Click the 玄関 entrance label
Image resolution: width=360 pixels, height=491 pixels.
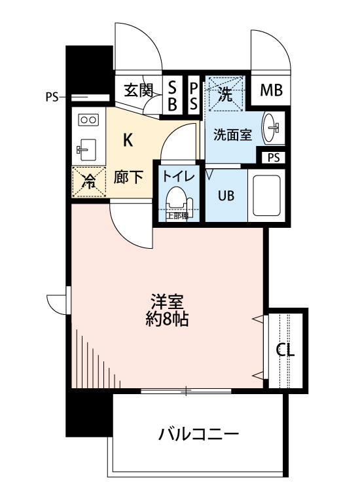(138, 90)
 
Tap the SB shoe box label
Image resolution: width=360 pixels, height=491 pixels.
(173, 95)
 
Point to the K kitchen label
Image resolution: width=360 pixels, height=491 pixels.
(128, 139)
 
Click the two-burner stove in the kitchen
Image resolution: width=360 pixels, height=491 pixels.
(88, 120)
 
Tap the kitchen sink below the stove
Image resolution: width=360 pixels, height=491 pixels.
(86, 149)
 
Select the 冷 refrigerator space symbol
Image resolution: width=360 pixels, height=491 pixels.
(87, 183)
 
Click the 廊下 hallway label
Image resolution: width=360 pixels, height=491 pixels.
(128, 178)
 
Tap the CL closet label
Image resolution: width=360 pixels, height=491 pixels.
(285, 350)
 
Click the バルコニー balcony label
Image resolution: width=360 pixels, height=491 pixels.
(198, 434)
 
